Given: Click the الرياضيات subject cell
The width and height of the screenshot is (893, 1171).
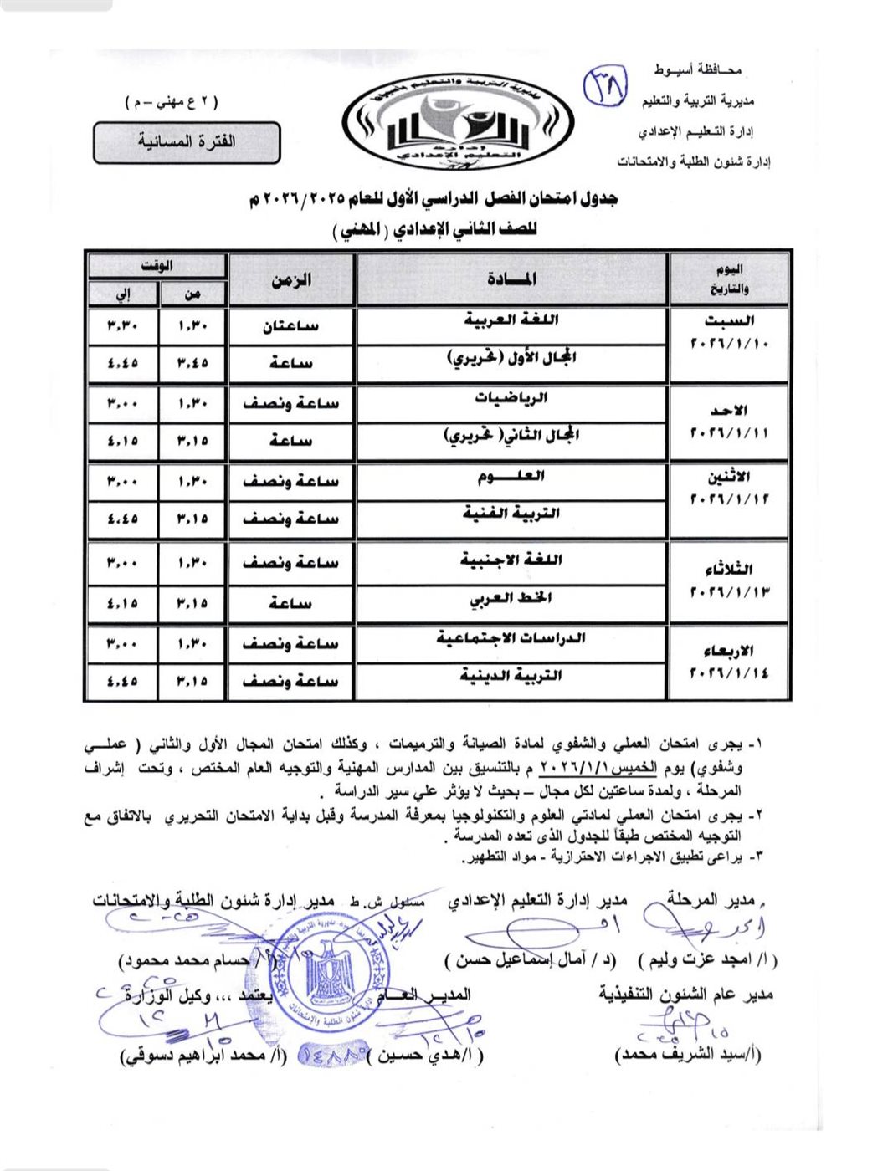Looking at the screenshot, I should [511, 398].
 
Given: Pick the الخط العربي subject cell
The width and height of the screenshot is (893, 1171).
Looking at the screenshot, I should [511, 599].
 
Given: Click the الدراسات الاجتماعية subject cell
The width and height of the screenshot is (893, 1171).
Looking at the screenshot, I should [511, 639].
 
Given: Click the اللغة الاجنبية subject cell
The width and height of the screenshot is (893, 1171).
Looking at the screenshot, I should [511, 560].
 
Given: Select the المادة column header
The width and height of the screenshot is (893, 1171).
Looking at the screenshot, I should [512, 279].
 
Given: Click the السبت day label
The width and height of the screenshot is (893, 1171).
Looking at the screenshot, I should [729, 320].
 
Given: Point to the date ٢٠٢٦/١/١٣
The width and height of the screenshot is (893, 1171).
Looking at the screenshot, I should [729, 592].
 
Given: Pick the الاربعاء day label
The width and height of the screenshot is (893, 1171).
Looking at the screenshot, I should [729, 651].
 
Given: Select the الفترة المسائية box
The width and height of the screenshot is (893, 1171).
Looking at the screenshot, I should [186, 142].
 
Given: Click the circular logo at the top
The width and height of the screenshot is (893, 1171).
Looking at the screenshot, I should [459, 124].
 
